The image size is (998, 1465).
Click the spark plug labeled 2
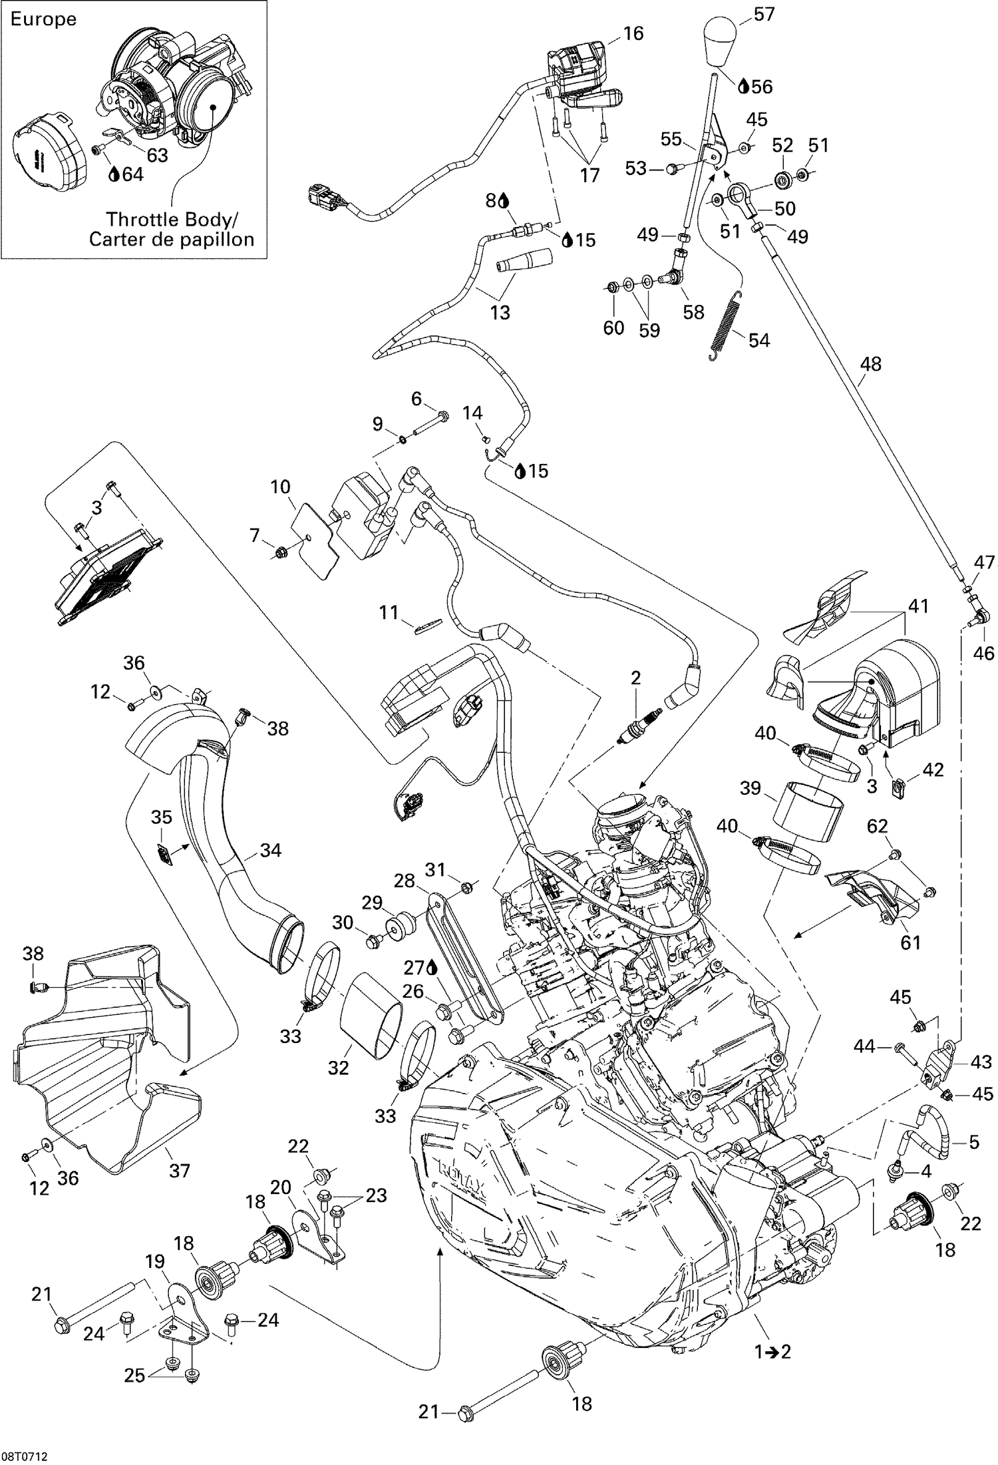[639, 733]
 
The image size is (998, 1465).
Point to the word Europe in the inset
[43, 19]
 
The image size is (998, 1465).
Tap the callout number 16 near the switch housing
[633, 33]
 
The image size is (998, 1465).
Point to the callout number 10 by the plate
[280, 487]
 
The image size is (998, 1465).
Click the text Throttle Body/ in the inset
[171, 218]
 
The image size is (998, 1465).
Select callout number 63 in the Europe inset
[157, 155]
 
